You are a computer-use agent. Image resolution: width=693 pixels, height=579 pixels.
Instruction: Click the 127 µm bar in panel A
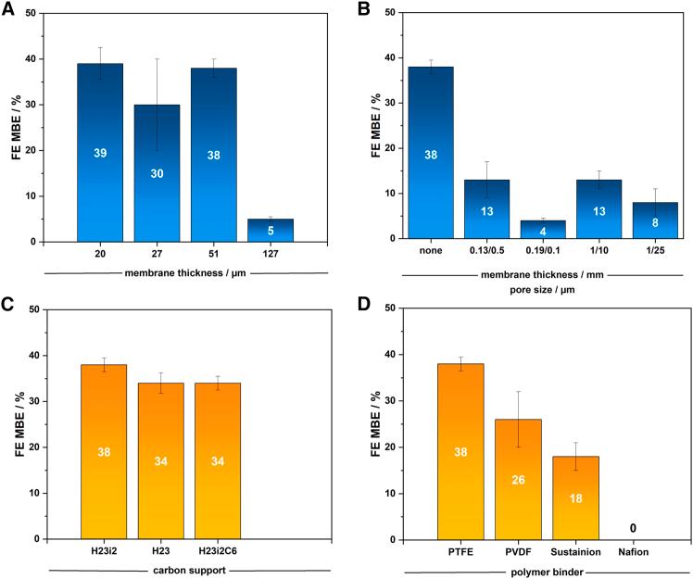coord(270,231)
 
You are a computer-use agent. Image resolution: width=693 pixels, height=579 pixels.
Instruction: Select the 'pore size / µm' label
coord(541,288)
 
